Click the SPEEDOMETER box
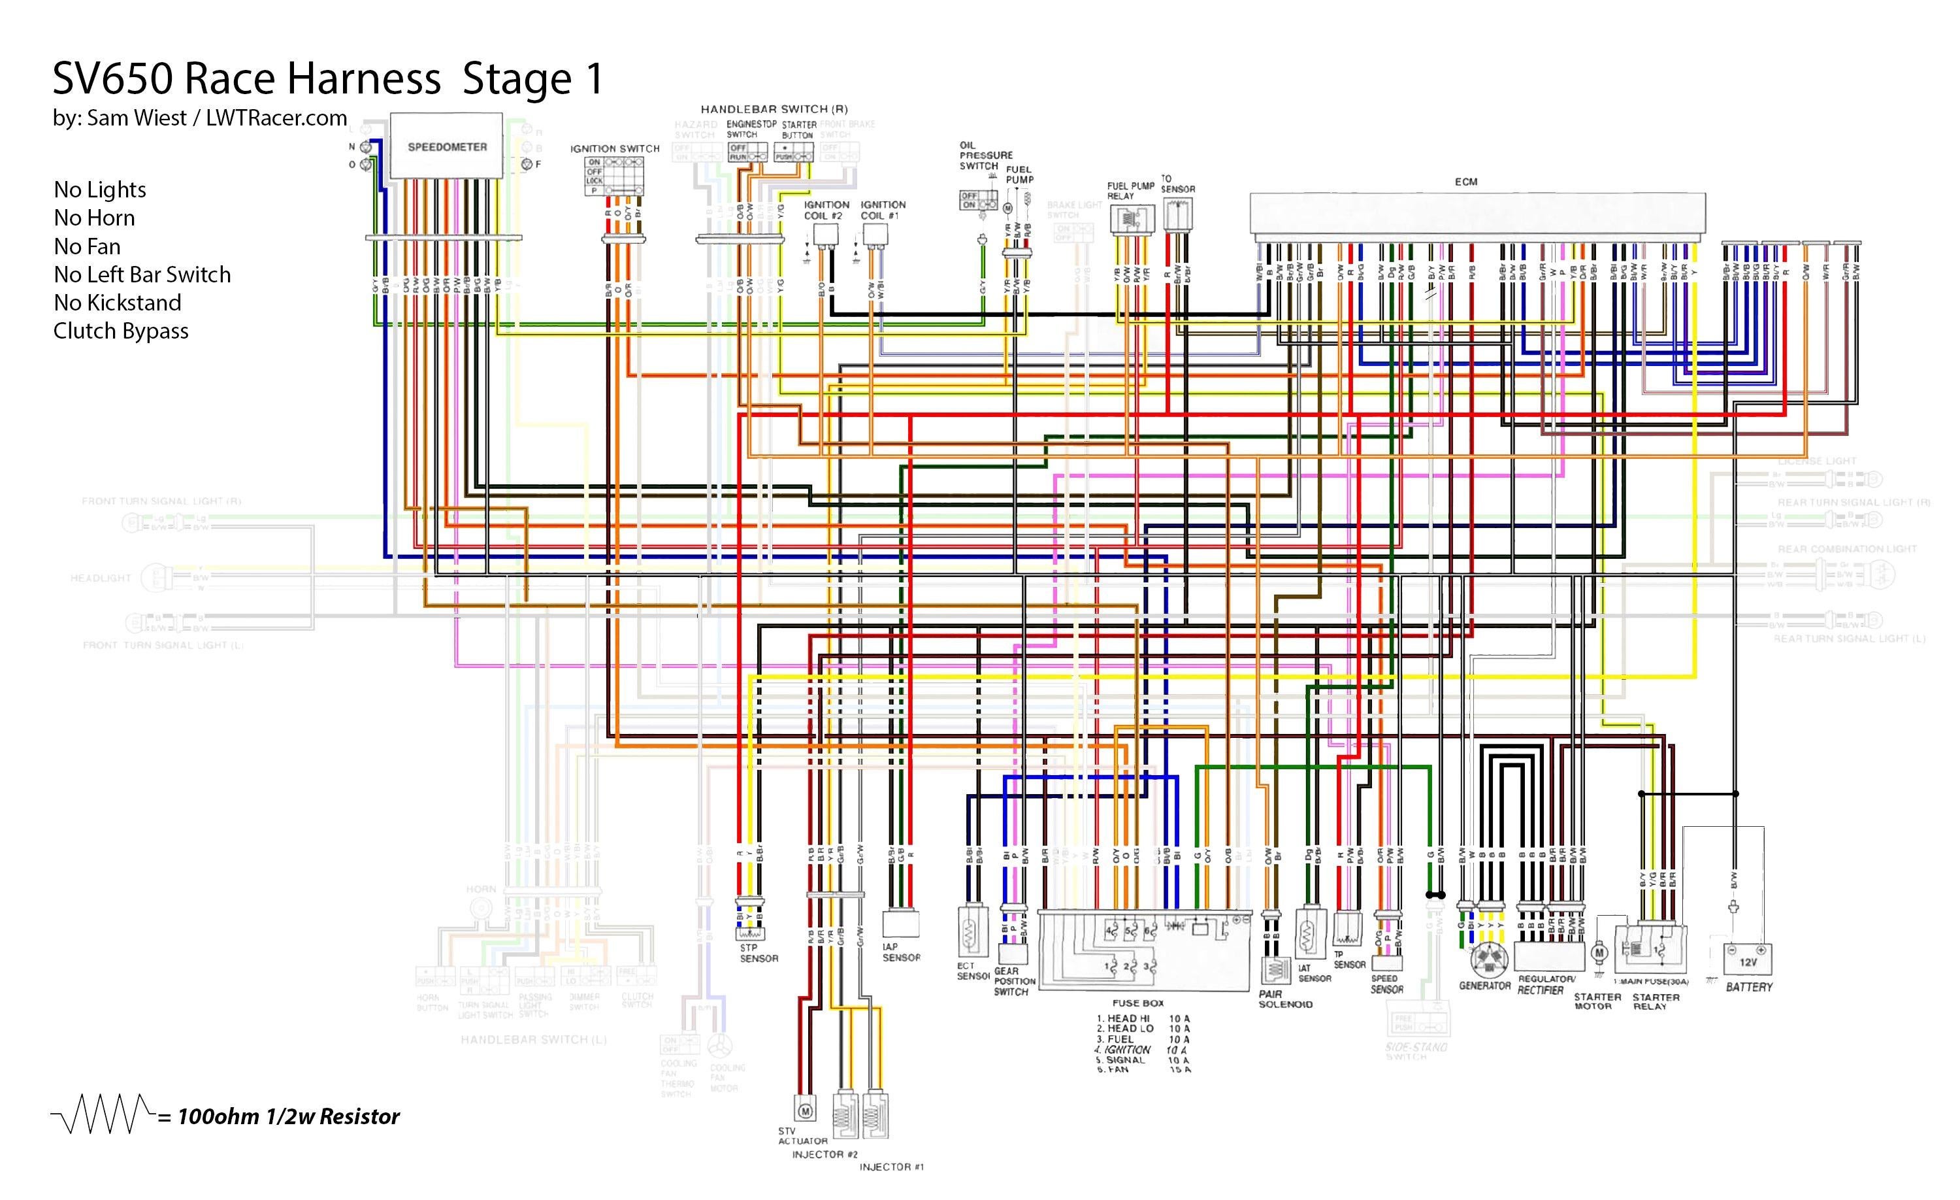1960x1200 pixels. (446, 146)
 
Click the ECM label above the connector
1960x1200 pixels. (1465, 182)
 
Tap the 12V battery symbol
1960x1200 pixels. (1748, 961)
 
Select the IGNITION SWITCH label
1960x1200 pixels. (614, 149)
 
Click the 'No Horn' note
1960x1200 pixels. (94, 217)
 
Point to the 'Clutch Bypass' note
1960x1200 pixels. (121, 330)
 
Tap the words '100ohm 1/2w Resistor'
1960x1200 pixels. (288, 1116)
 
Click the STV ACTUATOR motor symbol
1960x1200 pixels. (804, 1110)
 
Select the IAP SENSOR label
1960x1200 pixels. (900, 952)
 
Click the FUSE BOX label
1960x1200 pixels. (1137, 1003)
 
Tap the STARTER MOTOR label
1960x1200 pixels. (1597, 1001)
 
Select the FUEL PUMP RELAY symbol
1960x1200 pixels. (1131, 219)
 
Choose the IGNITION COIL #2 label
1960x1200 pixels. (826, 210)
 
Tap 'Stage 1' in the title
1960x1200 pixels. (533, 79)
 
